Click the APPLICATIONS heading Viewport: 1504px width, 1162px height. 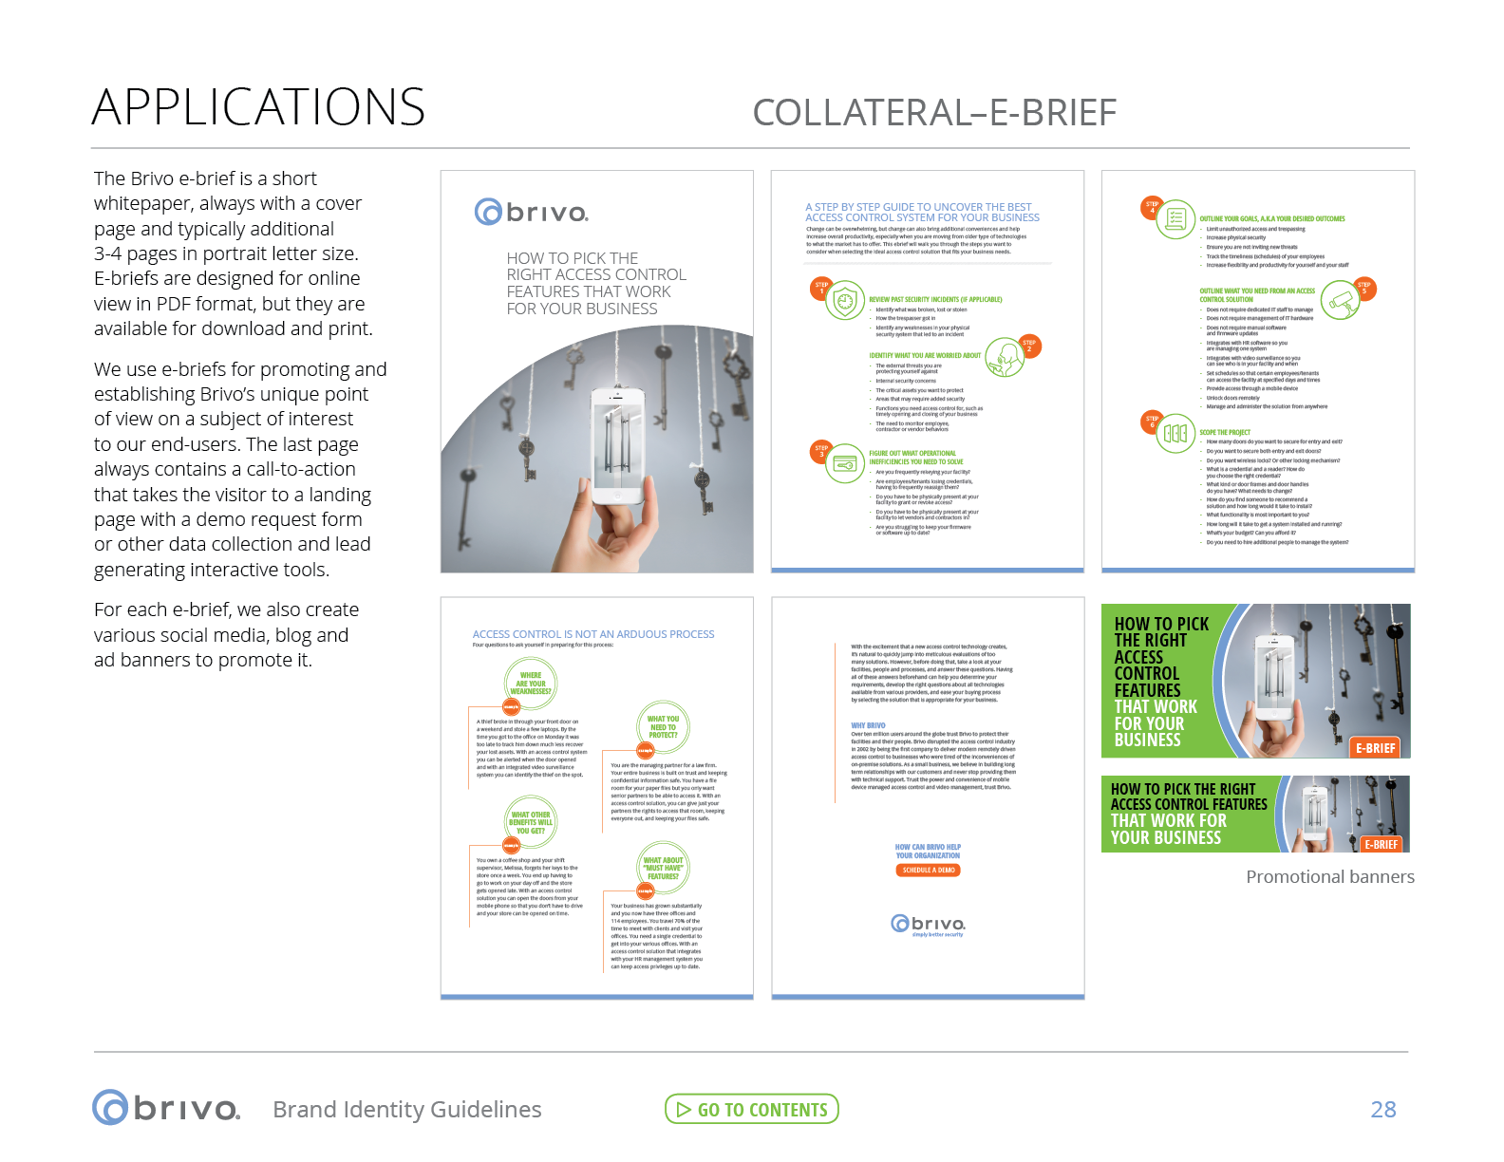[x=258, y=106]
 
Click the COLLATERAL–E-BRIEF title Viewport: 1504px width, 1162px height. [x=934, y=112]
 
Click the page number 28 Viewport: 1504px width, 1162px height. [x=1383, y=1109]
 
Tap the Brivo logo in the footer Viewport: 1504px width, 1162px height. [x=166, y=1108]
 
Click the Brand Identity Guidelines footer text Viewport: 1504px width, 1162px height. [x=406, y=1109]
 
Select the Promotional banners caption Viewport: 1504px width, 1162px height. [x=1329, y=876]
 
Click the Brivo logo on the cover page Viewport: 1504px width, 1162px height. [x=532, y=211]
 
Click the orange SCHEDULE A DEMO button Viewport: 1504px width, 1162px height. [x=928, y=870]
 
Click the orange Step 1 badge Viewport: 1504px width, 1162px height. [x=821, y=288]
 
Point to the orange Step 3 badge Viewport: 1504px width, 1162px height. [x=821, y=451]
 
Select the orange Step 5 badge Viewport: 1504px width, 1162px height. [x=1363, y=288]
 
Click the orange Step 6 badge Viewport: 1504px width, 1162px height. [x=1152, y=422]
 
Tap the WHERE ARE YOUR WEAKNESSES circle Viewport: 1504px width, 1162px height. [x=530, y=683]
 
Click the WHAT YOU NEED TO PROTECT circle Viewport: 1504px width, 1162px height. [x=663, y=726]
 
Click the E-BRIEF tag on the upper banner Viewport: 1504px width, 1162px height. [x=1375, y=748]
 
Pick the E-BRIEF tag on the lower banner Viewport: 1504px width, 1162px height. [x=1381, y=844]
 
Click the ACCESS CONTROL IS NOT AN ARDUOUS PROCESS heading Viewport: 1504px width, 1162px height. [x=592, y=634]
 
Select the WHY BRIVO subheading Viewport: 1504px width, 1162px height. [x=868, y=725]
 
